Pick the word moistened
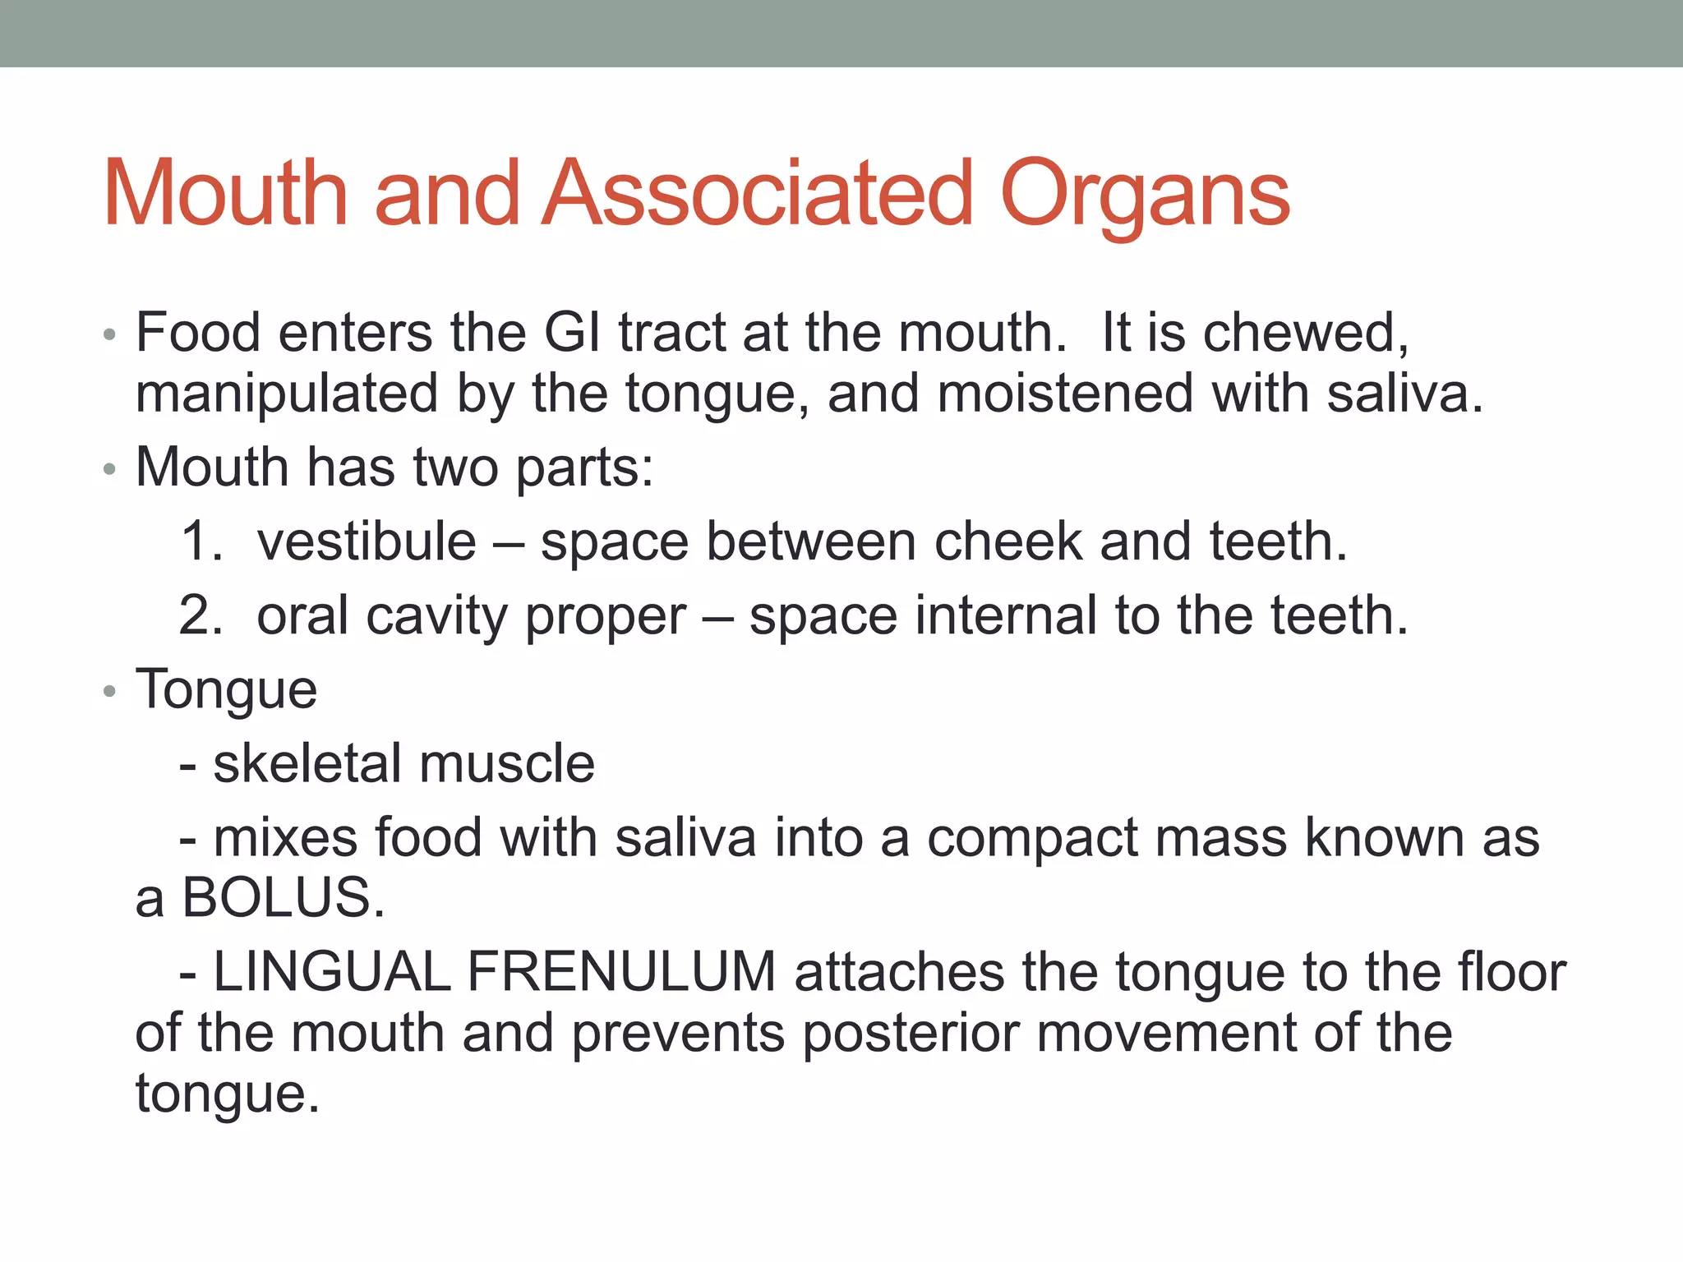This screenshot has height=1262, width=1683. pyautogui.click(x=1064, y=393)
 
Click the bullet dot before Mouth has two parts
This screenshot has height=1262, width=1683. pyautogui.click(x=110, y=469)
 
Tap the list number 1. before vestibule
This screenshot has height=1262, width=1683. pyautogui.click(x=201, y=541)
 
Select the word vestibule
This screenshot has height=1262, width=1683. pyautogui.click(x=367, y=541)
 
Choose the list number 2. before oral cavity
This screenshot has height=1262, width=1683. pyautogui.click(x=201, y=615)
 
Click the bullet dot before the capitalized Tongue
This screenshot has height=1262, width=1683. pyautogui.click(x=110, y=691)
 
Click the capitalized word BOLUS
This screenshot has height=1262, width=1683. pyautogui.click(x=283, y=897)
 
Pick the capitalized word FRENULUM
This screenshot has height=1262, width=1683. pyautogui.click(x=621, y=972)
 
